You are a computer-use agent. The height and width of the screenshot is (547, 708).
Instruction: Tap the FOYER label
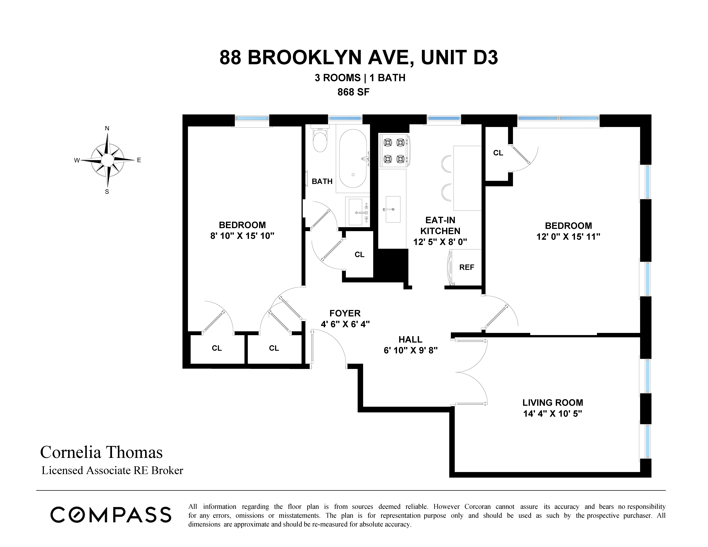345,313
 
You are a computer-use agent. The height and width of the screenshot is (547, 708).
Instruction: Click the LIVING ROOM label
553,403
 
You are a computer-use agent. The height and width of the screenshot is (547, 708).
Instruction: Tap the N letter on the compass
107,128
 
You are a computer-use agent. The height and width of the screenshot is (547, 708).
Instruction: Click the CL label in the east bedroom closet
498,153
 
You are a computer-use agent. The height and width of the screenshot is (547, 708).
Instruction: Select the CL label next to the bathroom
359,255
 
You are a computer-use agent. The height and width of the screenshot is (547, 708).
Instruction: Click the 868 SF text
353,92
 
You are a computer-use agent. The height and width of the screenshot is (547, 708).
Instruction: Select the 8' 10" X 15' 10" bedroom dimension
242,236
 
